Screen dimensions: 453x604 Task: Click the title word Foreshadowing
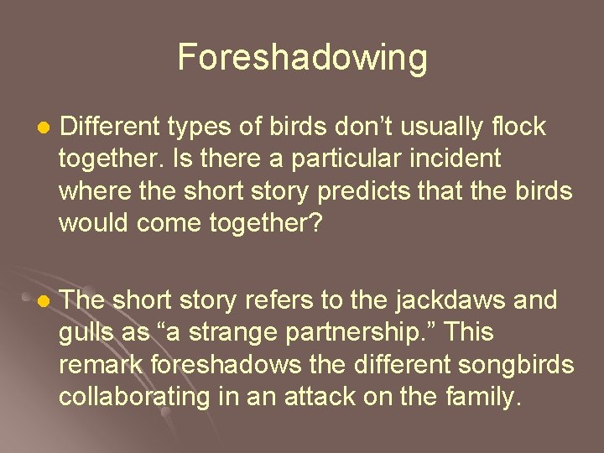tap(302, 58)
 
